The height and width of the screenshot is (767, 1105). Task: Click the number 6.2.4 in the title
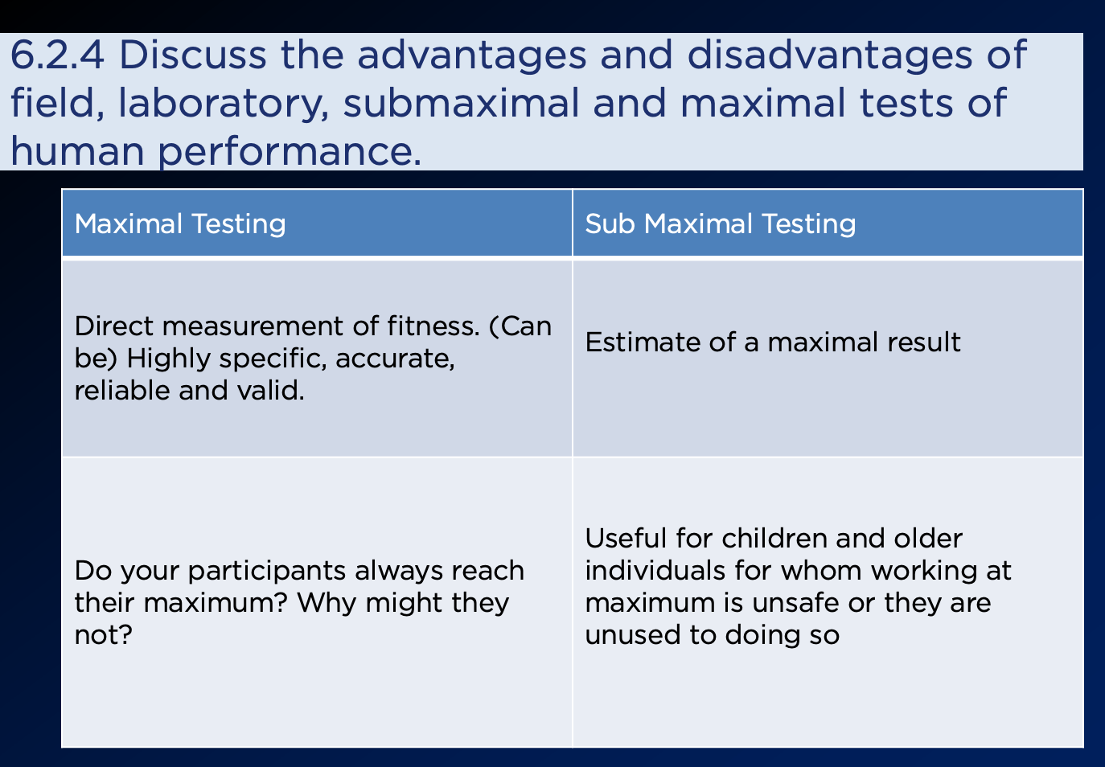pos(57,55)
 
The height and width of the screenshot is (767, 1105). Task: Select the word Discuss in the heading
pos(193,54)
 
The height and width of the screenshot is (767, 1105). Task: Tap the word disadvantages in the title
pos(830,55)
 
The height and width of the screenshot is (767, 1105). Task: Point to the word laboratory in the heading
pos(224,104)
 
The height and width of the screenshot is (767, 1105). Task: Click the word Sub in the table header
pos(610,224)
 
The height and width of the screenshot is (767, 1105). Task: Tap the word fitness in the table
pos(433,326)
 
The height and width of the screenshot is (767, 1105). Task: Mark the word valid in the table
pos(270,390)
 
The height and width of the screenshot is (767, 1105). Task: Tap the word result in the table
pos(924,342)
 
